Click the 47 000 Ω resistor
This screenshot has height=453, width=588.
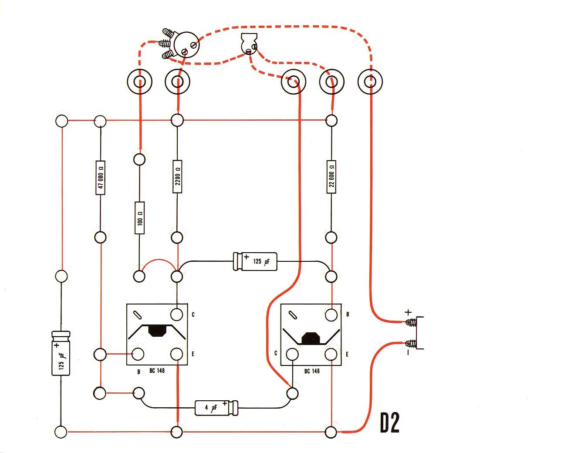click(100, 177)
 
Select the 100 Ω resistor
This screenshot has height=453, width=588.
click(139, 218)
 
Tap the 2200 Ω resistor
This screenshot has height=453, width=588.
click(177, 176)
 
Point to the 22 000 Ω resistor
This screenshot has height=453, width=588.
click(331, 176)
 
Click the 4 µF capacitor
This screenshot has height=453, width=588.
click(216, 408)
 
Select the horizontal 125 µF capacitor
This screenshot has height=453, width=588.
click(255, 261)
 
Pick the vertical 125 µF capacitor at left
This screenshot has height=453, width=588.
click(61, 353)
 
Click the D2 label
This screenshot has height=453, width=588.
click(389, 423)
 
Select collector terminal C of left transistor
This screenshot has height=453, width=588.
click(177, 314)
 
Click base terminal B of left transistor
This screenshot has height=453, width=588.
click(139, 354)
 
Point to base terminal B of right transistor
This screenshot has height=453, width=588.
click(331, 314)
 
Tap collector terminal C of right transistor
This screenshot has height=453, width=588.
click(292, 354)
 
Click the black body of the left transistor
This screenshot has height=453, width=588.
click(158, 331)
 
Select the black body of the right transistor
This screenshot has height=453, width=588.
click(311, 338)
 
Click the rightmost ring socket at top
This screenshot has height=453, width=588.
click(370, 81)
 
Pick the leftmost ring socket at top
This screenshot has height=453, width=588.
click(140, 81)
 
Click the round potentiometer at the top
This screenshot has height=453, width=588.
click(186, 44)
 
